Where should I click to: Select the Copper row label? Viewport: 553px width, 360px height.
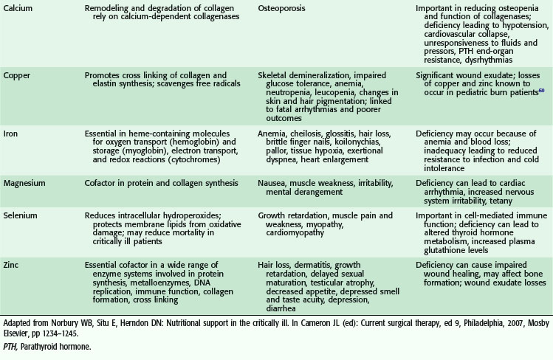tap(18, 75)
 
